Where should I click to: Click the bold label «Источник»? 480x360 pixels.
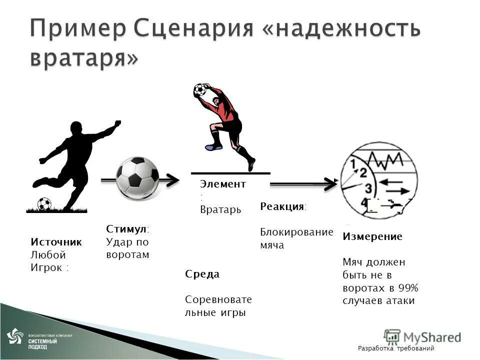[x=56, y=242]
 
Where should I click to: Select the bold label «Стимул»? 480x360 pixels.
[x=126, y=228]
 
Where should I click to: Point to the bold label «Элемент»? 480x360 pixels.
[x=223, y=184]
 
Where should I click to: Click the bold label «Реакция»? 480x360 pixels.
[x=283, y=207]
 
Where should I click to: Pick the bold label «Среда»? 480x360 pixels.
[x=202, y=274]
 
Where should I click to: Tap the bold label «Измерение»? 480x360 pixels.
[x=372, y=236]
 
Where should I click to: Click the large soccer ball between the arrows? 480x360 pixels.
[x=138, y=177]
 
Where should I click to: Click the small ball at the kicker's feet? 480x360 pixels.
[x=44, y=203]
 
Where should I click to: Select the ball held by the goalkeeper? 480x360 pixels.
[x=200, y=90]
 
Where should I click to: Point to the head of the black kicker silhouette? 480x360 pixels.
[x=76, y=128]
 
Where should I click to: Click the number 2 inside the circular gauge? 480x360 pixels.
[x=363, y=173]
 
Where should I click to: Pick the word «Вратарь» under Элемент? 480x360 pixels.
[x=220, y=209]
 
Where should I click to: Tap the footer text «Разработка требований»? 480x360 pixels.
[x=396, y=348]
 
